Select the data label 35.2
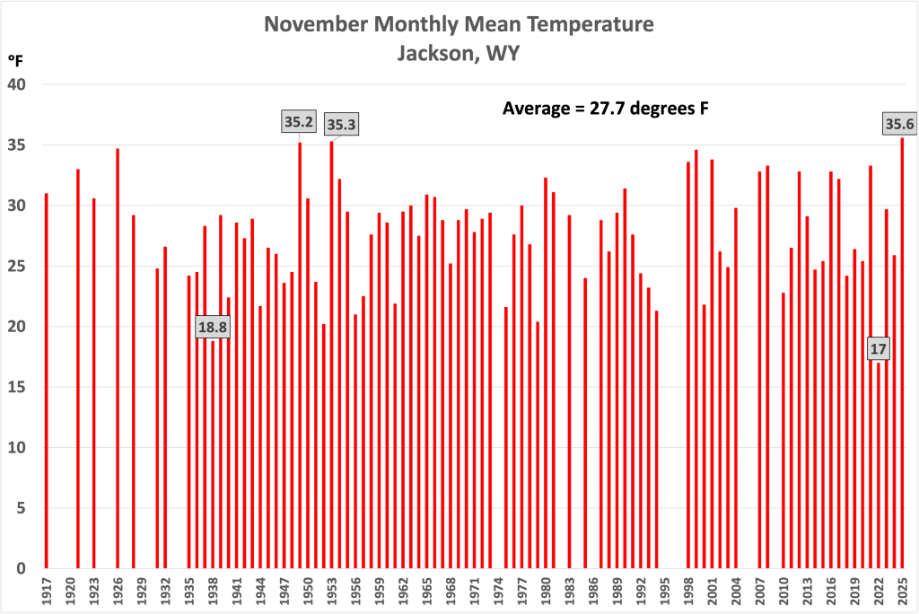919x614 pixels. click(x=299, y=122)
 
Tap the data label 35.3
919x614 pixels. click(x=341, y=125)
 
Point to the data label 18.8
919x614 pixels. click(x=213, y=328)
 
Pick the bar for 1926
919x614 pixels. click(x=118, y=359)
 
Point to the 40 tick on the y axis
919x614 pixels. click(x=19, y=84)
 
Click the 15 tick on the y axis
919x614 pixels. click(x=19, y=387)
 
